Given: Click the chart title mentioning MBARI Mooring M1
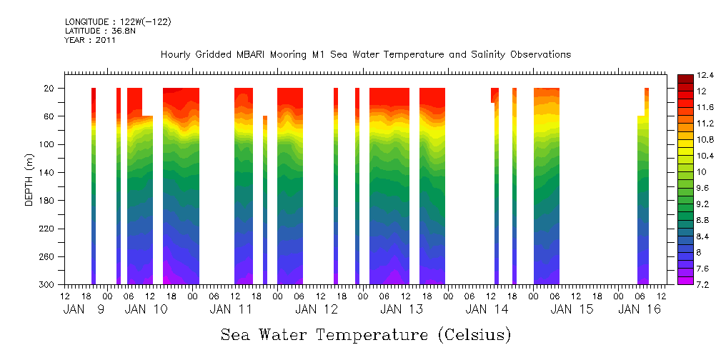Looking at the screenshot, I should coord(366,55).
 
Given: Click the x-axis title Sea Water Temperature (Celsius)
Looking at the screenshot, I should coord(365,334).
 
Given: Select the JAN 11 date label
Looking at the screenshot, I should coord(232,309).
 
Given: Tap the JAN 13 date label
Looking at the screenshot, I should coord(402,309).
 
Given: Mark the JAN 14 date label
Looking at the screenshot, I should coord(487,309).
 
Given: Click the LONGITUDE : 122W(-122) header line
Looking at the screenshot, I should coord(118,22).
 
